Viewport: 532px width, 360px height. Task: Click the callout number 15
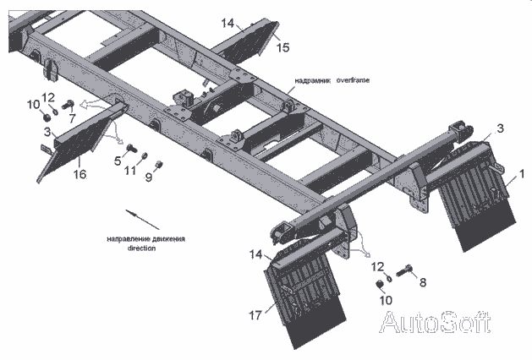(283, 46)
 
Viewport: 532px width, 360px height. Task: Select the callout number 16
(79, 174)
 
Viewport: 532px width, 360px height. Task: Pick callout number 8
(422, 283)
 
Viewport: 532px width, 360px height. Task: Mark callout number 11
(129, 170)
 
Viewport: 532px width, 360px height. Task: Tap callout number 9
(149, 176)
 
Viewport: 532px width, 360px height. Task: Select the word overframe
(353, 80)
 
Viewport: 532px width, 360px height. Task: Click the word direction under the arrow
(143, 248)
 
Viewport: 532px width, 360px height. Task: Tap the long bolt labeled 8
(404, 271)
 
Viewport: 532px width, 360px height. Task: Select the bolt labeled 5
(131, 150)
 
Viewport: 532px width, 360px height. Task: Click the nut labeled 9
(159, 165)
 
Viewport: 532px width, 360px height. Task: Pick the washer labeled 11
(145, 157)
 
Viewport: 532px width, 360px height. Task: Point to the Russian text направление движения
(145, 239)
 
